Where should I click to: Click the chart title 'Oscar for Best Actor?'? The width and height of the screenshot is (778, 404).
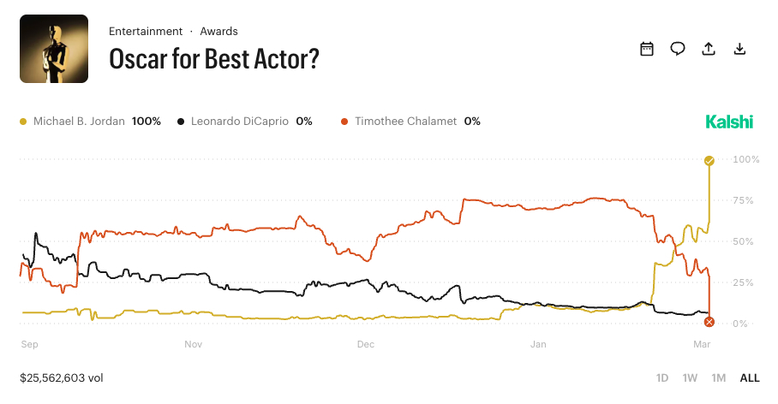(213, 59)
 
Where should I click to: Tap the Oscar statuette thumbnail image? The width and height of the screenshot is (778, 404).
(54, 49)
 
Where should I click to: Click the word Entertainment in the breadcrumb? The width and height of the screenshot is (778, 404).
(145, 31)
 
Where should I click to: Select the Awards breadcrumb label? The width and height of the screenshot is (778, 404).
(218, 31)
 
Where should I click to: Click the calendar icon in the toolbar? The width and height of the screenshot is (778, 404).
(647, 49)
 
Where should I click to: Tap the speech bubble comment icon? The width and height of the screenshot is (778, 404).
(678, 49)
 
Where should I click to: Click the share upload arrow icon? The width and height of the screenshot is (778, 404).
(709, 49)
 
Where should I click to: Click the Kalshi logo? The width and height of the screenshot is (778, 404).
(729, 122)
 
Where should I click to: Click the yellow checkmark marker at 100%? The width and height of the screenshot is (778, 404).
(709, 161)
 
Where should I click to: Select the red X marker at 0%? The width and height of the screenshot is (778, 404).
(709, 322)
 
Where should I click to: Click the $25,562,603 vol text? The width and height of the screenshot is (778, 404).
(62, 377)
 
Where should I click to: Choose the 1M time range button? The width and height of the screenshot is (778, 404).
(719, 377)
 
